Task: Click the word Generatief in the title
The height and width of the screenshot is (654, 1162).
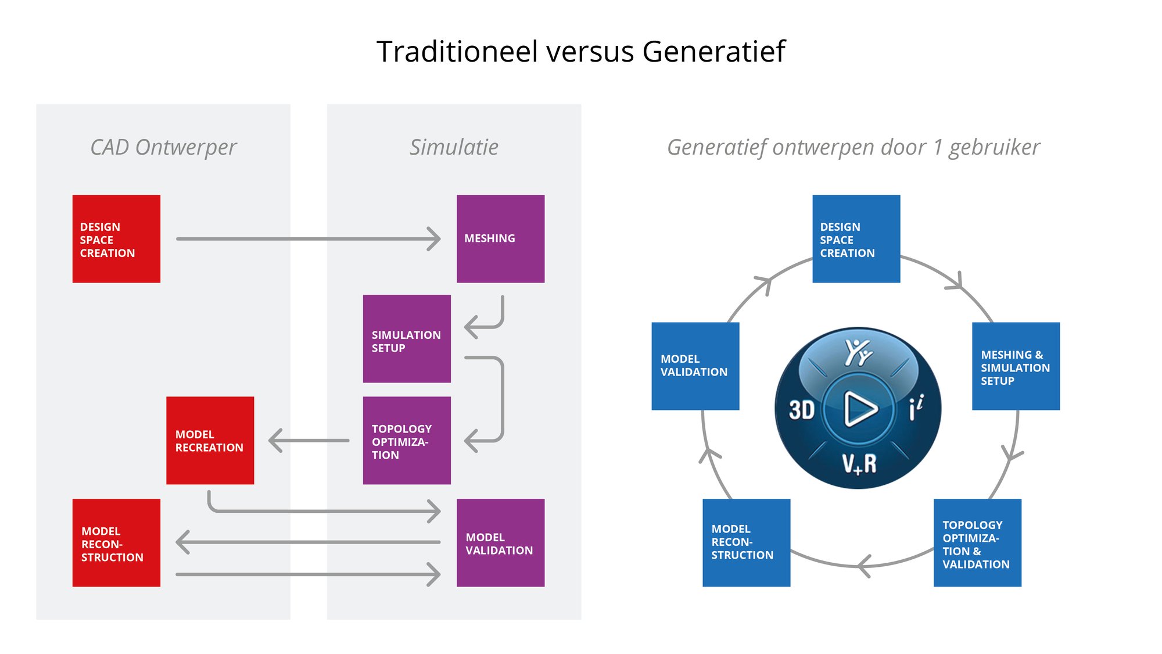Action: click(713, 52)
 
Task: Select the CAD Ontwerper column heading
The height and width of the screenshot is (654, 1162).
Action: click(163, 147)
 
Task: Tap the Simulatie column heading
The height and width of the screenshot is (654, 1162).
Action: click(454, 147)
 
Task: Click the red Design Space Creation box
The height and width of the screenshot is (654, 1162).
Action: click(116, 239)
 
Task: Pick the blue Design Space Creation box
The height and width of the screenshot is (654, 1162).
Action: click(856, 239)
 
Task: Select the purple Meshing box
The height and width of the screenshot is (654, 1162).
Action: click(500, 239)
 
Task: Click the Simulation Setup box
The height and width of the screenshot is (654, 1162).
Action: click(407, 339)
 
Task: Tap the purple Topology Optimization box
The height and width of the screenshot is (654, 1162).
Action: click(407, 441)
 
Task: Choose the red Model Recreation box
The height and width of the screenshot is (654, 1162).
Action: click(210, 441)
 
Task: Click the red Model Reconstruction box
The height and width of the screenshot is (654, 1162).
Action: click(116, 543)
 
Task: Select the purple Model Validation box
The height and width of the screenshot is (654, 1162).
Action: click(500, 543)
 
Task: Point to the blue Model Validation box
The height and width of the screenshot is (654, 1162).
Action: click(695, 366)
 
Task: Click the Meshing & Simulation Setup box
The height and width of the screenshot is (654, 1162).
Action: click(1016, 366)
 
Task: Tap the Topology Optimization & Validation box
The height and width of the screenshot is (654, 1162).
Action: click(977, 543)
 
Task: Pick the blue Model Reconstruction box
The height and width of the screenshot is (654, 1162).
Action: click(746, 543)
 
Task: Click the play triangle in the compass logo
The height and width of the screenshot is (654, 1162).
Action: click(859, 409)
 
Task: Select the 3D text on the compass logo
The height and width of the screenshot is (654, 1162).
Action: click(802, 410)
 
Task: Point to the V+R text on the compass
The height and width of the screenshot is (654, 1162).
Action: click(859, 463)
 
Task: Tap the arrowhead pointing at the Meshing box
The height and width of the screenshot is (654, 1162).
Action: click(434, 239)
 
